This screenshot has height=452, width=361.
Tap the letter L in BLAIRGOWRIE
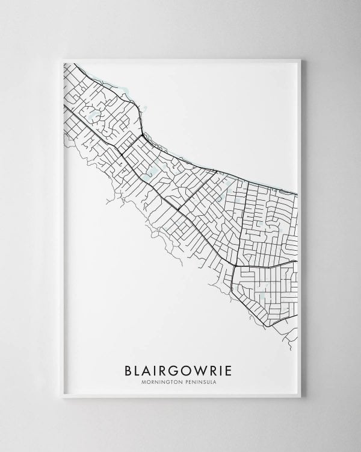137,367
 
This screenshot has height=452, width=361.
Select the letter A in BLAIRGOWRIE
148,367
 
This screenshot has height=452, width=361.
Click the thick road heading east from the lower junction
265,263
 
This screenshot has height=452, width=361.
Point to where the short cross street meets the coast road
141,136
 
